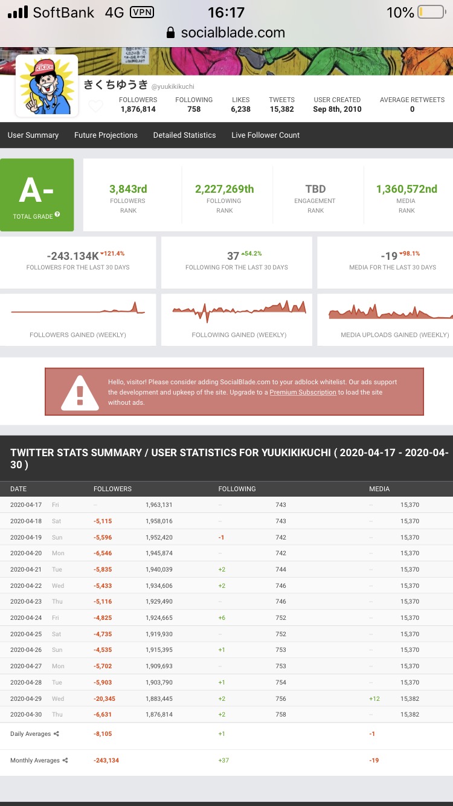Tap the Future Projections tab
[x=106, y=135]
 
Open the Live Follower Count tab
[x=266, y=135]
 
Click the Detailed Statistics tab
[x=185, y=135]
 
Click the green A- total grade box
[x=37, y=195]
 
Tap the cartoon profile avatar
[x=47, y=86]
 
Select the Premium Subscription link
[x=303, y=392]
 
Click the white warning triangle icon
[x=80, y=393]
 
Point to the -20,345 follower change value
[x=104, y=698]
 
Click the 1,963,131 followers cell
[x=159, y=505]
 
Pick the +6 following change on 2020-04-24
[x=222, y=618]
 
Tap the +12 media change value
[x=374, y=698]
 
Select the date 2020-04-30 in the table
[x=26, y=714]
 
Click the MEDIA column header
[x=379, y=489]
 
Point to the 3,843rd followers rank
[x=128, y=189]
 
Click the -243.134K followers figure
[x=72, y=256]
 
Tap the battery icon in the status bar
[x=432, y=12]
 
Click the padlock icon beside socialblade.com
[x=170, y=33]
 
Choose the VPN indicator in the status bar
[x=142, y=13]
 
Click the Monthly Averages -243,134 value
[x=106, y=760]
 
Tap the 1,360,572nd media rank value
[x=406, y=189]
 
